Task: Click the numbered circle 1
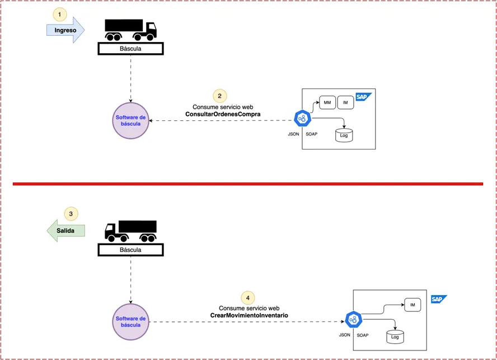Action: pos(59,14)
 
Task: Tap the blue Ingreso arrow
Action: pos(65,30)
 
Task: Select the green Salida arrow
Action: pos(65,231)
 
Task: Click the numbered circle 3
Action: pos(71,214)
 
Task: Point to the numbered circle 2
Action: pos(219,96)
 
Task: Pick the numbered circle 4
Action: pos(248,298)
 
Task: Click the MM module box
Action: pos(327,102)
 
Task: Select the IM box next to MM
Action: pos(345,102)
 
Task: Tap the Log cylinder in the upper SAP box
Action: pos(344,135)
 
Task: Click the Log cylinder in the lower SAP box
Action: pos(395,337)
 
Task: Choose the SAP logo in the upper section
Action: pos(363,97)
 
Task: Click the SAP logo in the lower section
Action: pos(439,299)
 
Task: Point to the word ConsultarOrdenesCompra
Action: pos(223,114)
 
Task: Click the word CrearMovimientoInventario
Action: pos(249,315)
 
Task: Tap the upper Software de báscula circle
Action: pos(130,120)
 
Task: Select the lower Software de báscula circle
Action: pos(130,322)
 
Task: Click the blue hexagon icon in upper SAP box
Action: pos(302,118)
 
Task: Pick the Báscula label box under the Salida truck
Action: pos(130,250)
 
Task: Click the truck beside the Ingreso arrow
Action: pos(130,30)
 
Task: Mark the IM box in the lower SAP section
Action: pos(412,305)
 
